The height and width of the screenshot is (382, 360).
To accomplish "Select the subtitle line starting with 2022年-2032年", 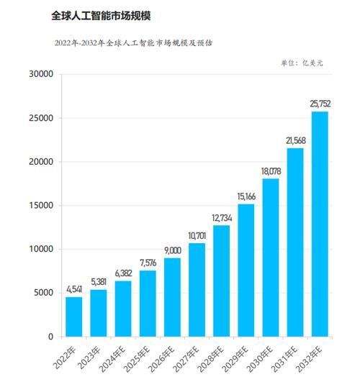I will click(133, 43).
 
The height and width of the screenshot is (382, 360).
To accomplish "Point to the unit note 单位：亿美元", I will click(302, 63).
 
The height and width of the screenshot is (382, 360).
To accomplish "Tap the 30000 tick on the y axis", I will click(41, 74).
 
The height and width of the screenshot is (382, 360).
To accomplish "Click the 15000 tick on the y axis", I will click(41, 205).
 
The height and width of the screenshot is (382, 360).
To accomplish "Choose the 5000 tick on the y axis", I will click(43, 293).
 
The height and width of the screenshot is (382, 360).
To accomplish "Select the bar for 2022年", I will click(74, 317).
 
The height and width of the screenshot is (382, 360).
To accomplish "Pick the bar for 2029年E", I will click(246, 270).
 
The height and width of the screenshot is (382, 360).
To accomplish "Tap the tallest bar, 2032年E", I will click(320, 224).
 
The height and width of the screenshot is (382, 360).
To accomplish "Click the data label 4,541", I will click(74, 291).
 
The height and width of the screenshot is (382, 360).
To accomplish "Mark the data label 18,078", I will click(271, 172).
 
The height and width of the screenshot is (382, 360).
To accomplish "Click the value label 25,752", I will click(320, 105).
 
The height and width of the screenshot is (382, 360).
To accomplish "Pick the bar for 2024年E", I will click(123, 309).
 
